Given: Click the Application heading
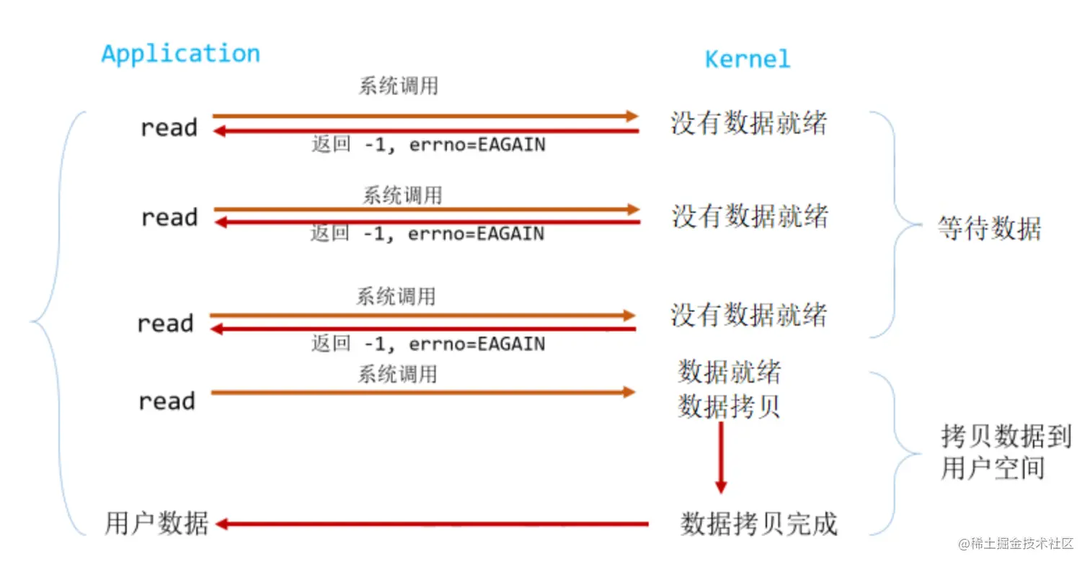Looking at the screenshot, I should click(x=180, y=54).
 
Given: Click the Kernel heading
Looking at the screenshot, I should click(x=747, y=59).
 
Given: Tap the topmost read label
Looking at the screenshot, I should click(x=169, y=128).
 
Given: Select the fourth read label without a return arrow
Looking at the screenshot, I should click(x=167, y=401).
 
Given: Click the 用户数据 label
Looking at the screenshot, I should click(x=156, y=524).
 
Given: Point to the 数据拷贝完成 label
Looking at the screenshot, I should click(x=758, y=524).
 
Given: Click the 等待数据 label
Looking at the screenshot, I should click(x=989, y=228).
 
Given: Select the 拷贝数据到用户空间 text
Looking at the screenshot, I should click(x=1005, y=452).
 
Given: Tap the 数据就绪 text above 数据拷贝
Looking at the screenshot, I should click(x=729, y=372).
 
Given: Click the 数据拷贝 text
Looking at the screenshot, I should click(x=729, y=407).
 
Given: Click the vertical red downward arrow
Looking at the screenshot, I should click(x=720, y=457).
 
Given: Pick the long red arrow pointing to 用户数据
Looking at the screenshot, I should click(x=433, y=524).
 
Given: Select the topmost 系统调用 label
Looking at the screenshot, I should click(x=398, y=86).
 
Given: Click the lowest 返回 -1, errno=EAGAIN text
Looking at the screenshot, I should click(x=427, y=344).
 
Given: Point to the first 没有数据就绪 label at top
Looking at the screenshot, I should click(x=748, y=123).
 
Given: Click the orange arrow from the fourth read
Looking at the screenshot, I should click(x=422, y=392).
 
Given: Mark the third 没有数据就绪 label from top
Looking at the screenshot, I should click(x=748, y=315).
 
